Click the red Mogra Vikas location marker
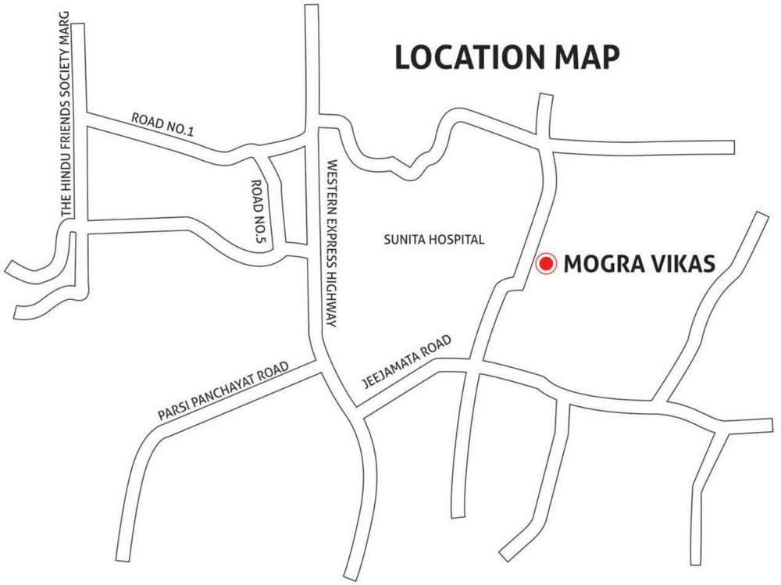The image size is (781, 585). pos(545,264)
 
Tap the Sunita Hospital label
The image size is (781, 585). pos(434,239)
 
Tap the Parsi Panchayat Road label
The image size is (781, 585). pos(223,392)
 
